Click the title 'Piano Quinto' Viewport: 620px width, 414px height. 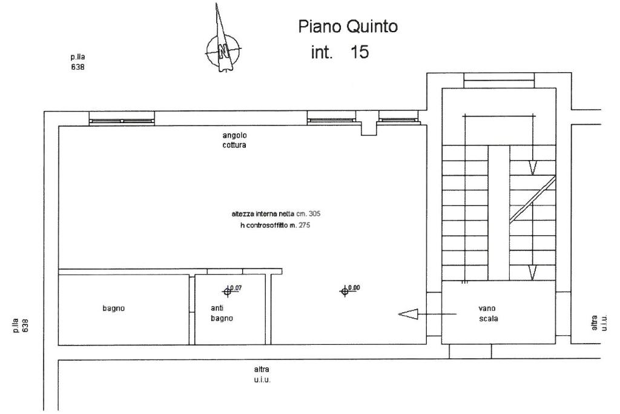click(x=348, y=27)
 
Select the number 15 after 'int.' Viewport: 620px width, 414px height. click(x=359, y=52)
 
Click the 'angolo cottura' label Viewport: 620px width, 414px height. click(x=234, y=141)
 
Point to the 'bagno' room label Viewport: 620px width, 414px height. click(x=113, y=309)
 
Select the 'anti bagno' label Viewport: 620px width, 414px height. click(x=222, y=313)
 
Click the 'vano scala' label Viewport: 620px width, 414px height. click(x=488, y=313)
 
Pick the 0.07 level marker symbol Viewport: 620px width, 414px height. click(x=228, y=292)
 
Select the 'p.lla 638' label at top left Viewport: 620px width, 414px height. click(x=77, y=62)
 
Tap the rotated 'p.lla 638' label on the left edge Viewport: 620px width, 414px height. click(x=25, y=321)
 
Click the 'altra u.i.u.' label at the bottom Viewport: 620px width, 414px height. click(x=262, y=374)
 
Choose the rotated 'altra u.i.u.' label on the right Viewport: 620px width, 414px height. click(x=596, y=322)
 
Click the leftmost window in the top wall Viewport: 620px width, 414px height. click(x=122, y=121)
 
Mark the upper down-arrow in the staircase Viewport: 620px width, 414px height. click(x=532, y=167)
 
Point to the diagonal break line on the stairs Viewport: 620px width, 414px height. click(x=532, y=198)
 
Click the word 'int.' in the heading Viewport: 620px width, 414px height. click(x=322, y=53)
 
